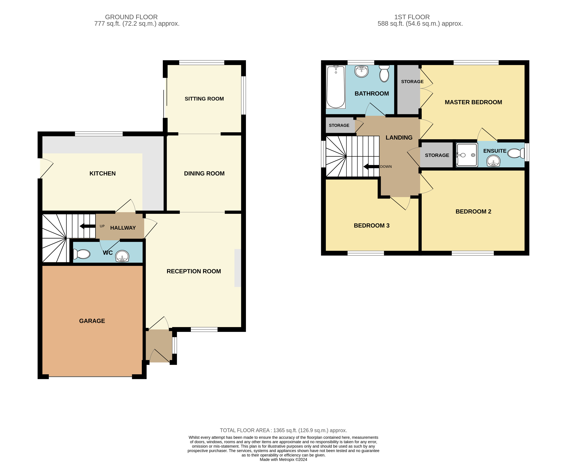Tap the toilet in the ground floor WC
81,254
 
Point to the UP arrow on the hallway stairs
88,226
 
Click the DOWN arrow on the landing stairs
371,167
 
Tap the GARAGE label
92,321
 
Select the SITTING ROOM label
204,99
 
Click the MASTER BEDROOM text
473,102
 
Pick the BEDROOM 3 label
372,226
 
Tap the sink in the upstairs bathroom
362,71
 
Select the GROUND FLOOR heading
131,17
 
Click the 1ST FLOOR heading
412,17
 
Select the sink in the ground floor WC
122,256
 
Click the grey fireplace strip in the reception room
238,268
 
